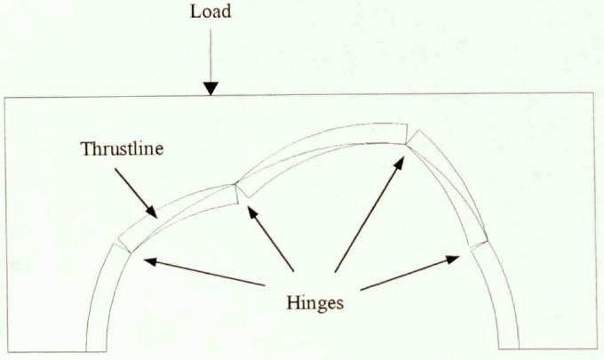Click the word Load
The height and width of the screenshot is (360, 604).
[211, 12]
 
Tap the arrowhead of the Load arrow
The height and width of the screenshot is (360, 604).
[211, 89]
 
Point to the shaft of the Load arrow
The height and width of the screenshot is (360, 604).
[211, 56]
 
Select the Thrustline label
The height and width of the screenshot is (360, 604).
[122, 148]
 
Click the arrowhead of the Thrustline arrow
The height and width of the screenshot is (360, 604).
[152, 212]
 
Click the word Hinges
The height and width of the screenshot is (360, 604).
[314, 302]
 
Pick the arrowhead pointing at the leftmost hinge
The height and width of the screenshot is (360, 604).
[151, 261]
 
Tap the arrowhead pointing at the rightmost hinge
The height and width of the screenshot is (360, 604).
[453, 259]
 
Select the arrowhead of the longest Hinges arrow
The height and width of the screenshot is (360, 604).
[400, 163]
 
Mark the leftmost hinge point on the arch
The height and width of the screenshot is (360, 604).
[131, 252]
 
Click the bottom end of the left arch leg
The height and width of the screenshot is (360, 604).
[96, 351]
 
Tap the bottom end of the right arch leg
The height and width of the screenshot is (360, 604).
[509, 348]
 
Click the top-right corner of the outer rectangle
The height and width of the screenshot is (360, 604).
[593, 92]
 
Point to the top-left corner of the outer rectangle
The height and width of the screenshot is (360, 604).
[5, 98]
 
